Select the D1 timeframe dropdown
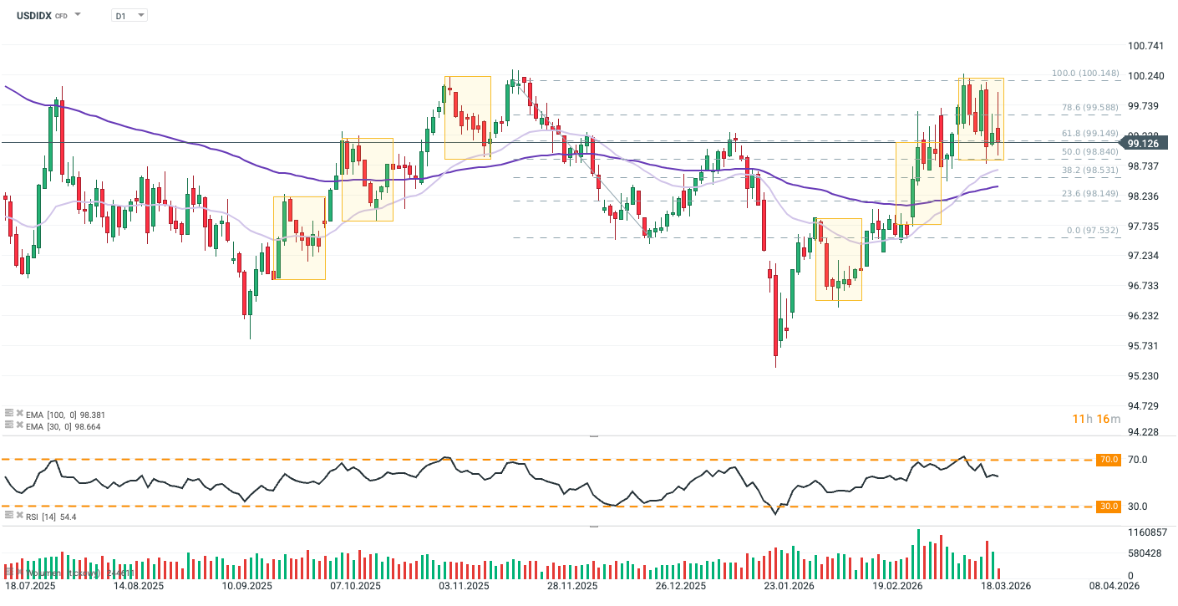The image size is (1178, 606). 129,15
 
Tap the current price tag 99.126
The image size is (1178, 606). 1144,143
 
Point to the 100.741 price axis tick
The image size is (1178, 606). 1145,45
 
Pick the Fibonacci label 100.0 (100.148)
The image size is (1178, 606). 1084,74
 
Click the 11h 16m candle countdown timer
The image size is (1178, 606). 1095,419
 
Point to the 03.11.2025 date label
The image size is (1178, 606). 465,587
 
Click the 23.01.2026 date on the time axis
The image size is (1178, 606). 788,587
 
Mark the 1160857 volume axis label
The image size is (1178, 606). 1147,532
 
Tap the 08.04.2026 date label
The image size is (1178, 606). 1112,587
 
